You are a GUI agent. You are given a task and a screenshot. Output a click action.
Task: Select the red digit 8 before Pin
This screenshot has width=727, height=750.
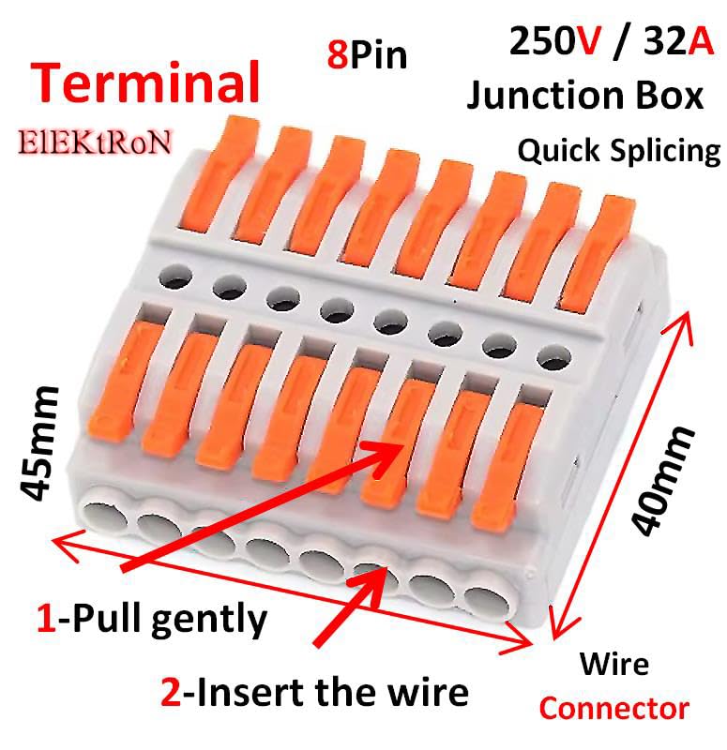[x=336, y=55]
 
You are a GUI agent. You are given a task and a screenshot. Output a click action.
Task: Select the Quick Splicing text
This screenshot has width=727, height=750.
[x=618, y=150]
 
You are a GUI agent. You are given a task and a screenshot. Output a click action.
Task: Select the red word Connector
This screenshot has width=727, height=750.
[x=613, y=708]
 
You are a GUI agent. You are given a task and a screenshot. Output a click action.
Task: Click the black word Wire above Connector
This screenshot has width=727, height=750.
[x=613, y=665]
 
